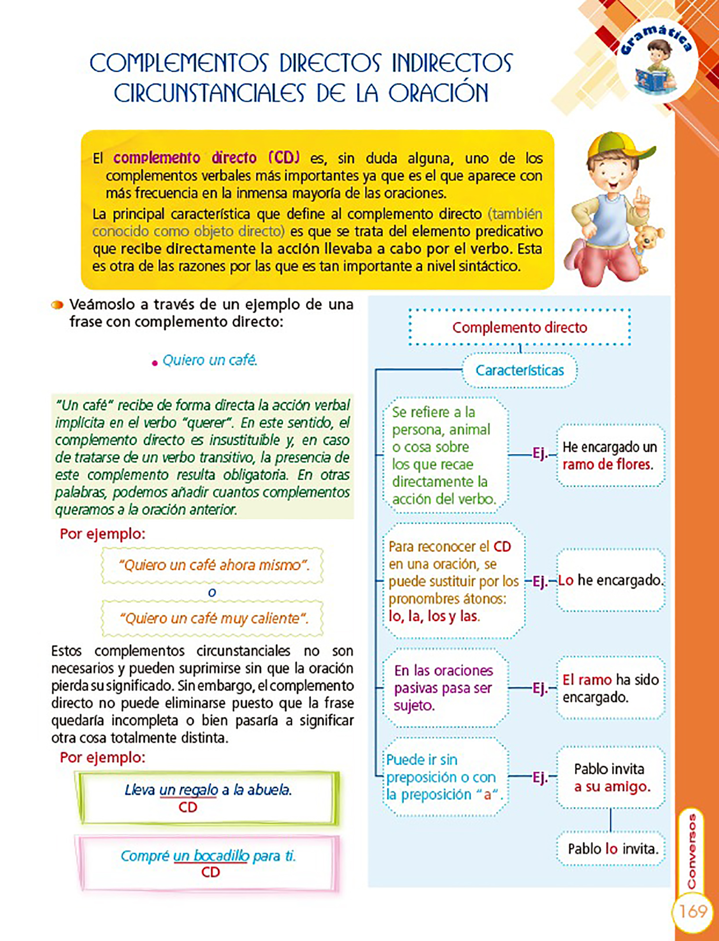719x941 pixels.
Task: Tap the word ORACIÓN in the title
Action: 438,93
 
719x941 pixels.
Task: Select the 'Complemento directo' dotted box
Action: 520,328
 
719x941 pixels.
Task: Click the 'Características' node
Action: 520,370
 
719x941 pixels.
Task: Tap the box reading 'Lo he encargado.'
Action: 611,580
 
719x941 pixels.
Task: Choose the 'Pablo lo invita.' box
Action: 611,849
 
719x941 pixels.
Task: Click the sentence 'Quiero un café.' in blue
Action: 209,360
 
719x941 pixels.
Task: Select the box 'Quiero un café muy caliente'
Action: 213,618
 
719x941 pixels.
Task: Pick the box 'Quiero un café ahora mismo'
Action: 213,566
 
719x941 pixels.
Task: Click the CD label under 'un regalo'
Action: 188,808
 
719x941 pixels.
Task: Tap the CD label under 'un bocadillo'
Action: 210,872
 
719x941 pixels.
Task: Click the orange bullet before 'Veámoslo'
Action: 58,305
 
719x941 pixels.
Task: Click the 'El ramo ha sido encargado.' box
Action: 611,688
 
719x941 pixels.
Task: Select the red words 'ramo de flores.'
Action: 607,465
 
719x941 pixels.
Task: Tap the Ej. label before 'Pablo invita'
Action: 540,777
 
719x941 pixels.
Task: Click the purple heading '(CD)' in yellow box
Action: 284,158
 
